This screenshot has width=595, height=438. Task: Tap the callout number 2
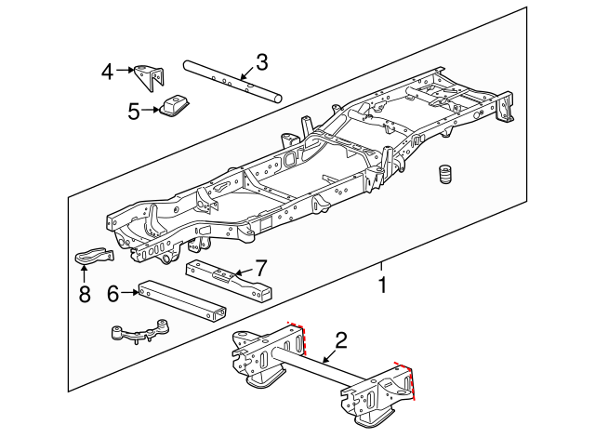(x=341, y=340)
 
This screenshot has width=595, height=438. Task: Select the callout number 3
(x=262, y=62)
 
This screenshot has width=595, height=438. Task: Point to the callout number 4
(x=109, y=71)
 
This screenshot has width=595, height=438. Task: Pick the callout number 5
(x=134, y=112)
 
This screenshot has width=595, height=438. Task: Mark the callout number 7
(x=261, y=266)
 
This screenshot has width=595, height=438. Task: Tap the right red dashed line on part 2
(x=410, y=378)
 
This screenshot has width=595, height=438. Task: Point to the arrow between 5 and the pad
(x=151, y=112)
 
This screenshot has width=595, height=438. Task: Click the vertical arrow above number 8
(x=84, y=272)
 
